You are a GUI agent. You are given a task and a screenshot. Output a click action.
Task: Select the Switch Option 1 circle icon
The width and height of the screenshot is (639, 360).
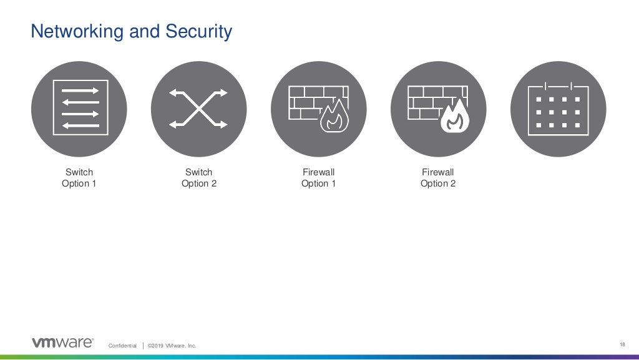tap(79, 109)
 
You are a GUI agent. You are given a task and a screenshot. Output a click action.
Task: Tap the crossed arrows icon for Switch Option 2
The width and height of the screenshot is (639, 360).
tap(198, 109)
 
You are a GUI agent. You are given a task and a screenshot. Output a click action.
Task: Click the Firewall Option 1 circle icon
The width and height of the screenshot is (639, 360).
tap(318, 109)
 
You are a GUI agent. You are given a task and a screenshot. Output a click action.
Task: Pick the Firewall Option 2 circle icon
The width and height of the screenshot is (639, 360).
tap(438, 109)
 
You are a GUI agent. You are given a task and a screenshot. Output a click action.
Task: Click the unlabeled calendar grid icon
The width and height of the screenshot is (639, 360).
tap(558, 109)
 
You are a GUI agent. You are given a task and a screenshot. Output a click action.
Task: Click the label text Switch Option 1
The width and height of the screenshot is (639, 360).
tap(79, 178)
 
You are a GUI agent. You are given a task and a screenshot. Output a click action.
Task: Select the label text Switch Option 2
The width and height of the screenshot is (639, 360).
tap(198, 178)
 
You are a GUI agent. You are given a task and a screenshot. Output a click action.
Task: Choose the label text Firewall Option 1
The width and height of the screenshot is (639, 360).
tap(318, 178)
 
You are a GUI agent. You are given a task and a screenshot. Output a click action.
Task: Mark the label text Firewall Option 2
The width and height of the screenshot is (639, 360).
tap(438, 178)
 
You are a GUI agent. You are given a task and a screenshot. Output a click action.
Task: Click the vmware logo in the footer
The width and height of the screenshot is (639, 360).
tap(62, 343)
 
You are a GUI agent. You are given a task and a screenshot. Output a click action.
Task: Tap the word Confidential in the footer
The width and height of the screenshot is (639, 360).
tap(122, 346)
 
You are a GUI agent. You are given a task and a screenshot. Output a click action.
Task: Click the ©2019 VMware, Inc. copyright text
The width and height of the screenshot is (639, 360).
tap(172, 346)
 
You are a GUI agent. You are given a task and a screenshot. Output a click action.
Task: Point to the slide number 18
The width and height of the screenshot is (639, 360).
tap(622, 344)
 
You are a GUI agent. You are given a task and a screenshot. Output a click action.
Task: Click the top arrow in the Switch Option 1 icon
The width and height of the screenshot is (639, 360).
tap(80, 91)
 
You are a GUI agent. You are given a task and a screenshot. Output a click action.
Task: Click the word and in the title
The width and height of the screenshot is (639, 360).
tap(144, 32)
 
